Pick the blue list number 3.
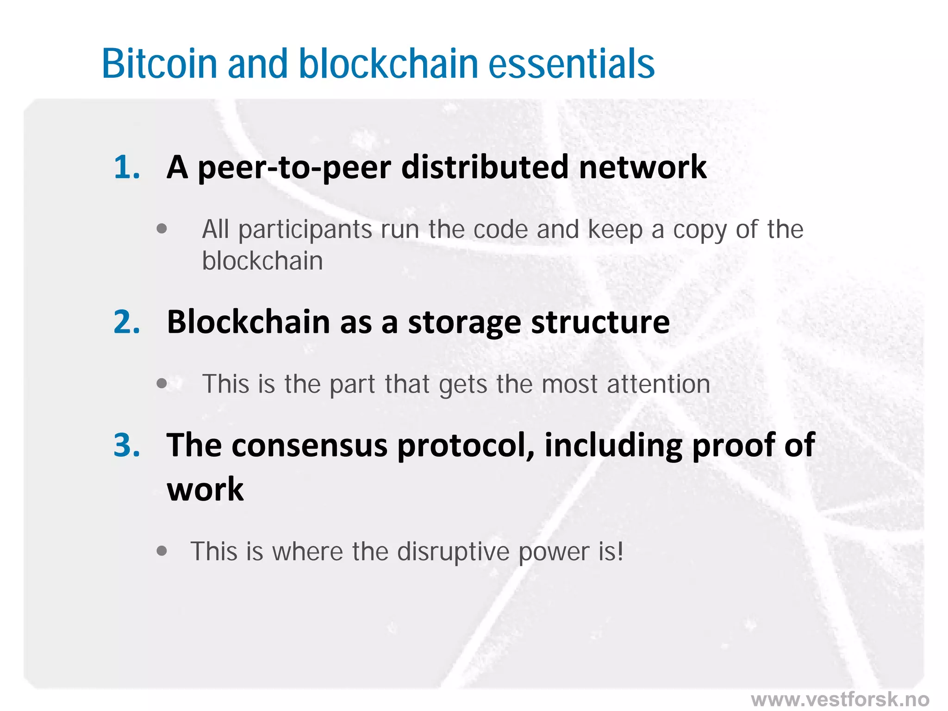[126, 445]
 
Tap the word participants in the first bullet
[305, 230]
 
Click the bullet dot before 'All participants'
[162, 229]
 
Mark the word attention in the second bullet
[658, 384]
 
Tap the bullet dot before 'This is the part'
[162, 383]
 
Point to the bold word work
[205, 490]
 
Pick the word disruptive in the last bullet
[453, 552]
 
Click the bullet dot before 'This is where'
[162, 551]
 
